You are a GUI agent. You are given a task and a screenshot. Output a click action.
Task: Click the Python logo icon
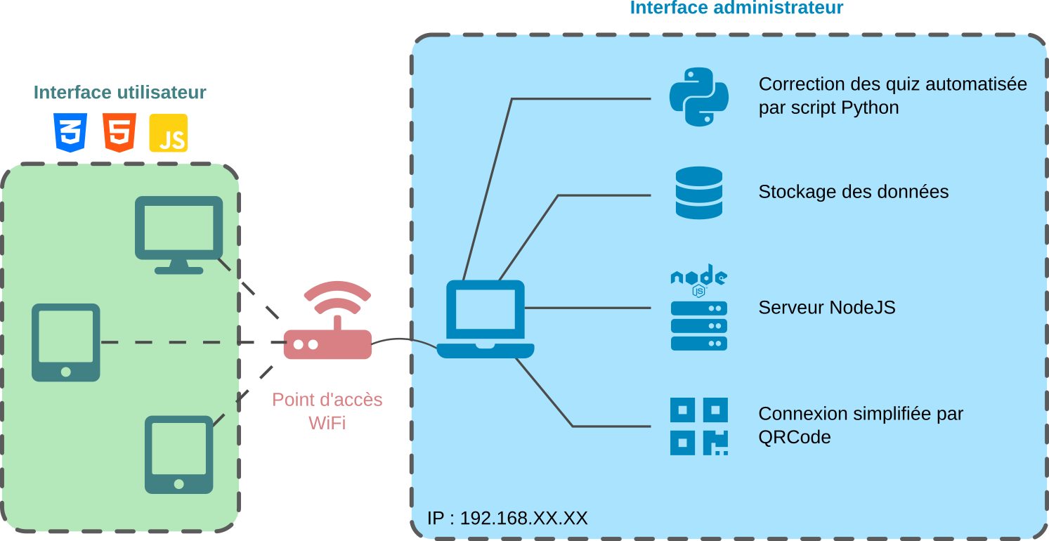pyautogui.click(x=698, y=97)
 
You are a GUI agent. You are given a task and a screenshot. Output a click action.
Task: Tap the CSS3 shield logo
pyautogui.click(x=70, y=132)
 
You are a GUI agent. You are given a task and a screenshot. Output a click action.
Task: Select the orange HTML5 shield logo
pyautogui.click(x=119, y=132)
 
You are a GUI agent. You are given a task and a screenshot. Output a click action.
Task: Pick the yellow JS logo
pyautogui.click(x=169, y=133)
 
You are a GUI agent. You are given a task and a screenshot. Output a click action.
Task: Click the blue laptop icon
pyautogui.click(x=486, y=320)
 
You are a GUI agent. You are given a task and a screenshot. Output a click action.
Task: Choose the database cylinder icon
pyautogui.click(x=698, y=193)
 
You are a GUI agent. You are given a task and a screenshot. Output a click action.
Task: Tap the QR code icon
pyautogui.click(x=698, y=426)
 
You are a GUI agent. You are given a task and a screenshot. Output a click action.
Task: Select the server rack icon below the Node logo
pyautogui.click(x=698, y=326)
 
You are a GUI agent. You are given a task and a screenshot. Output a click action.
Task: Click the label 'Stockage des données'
pyautogui.click(x=853, y=192)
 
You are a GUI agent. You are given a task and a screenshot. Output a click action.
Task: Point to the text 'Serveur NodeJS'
pyautogui.click(x=827, y=308)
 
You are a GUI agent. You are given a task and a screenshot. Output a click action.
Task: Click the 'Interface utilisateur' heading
pyautogui.click(x=120, y=93)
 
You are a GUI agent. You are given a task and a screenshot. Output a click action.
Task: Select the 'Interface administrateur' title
pyautogui.click(x=736, y=8)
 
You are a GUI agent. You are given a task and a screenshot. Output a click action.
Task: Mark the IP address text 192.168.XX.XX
pyautogui.click(x=507, y=519)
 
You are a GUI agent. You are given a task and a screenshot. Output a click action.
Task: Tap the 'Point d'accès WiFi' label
pyautogui.click(x=327, y=411)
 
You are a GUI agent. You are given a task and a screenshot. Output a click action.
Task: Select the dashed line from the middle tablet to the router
pyautogui.click(x=190, y=342)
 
